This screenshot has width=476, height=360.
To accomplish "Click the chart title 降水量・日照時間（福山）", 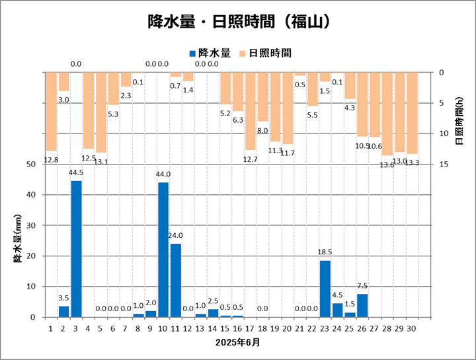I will pos(238,22).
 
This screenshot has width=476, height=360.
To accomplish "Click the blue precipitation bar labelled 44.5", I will pos(76,249).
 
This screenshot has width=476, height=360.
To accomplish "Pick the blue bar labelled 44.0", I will pos(163,250).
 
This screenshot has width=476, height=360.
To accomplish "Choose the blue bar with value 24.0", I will pos(176,280).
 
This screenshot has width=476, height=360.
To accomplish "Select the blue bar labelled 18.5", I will pos(325,289).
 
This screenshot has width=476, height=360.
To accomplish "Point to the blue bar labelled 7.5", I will pos(362,305).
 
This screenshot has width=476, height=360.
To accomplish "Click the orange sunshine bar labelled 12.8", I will pos(51,112).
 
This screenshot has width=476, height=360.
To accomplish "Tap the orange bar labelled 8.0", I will pos(263,96).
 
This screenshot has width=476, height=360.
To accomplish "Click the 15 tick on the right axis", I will pos(441,164).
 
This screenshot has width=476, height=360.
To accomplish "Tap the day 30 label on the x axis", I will pos(413,327).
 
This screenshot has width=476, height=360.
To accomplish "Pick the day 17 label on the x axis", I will pos(251,327).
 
